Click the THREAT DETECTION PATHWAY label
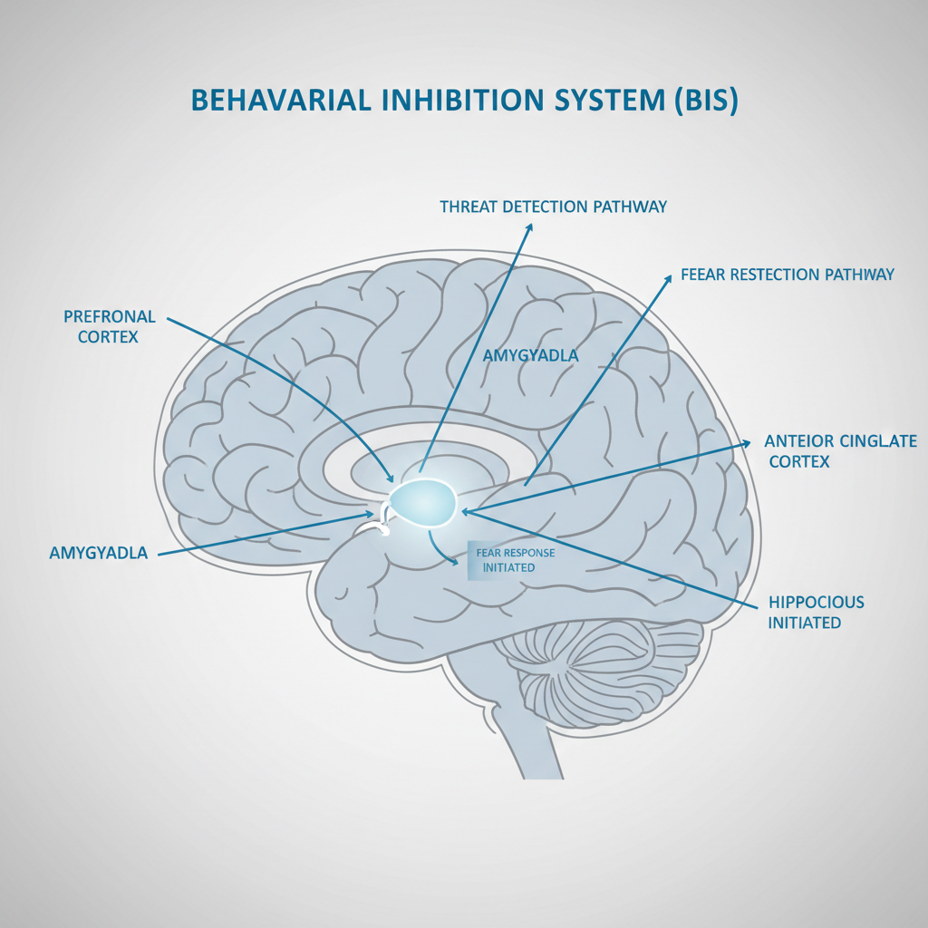[x=553, y=207]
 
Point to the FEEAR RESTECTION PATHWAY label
[x=788, y=274]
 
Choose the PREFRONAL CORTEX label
[x=110, y=326]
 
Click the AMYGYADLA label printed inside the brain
[x=530, y=355]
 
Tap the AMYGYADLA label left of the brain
[x=99, y=553]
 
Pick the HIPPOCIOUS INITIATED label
[x=816, y=612]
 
